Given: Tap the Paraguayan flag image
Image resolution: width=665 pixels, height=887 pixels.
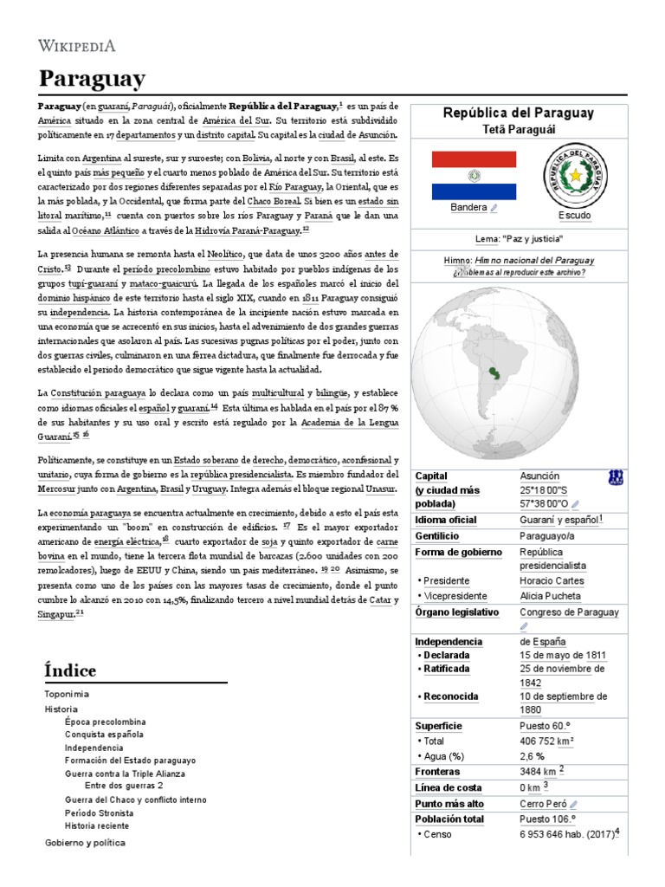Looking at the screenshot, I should pyautogui.click(x=474, y=175).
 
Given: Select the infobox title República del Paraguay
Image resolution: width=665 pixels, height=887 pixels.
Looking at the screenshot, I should pyautogui.click(x=518, y=113).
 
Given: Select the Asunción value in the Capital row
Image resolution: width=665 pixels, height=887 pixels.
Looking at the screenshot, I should pyautogui.click(x=539, y=476).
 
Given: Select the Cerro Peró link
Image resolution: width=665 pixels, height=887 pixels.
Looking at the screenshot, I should pyautogui.click(x=542, y=804).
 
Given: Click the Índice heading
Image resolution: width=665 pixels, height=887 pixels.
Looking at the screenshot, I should pyautogui.click(x=69, y=671).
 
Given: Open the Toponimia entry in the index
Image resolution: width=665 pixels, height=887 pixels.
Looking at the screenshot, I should pyautogui.click(x=66, y=695).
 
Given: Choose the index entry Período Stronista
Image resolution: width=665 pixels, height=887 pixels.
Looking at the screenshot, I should pyautogui.click(x=99, y=813).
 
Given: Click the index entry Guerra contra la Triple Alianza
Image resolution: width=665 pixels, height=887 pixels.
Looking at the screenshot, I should pyautogui.click(x=125, y=774).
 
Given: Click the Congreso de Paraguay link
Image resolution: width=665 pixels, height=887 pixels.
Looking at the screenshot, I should pyautogui.click(x=569, y=612).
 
